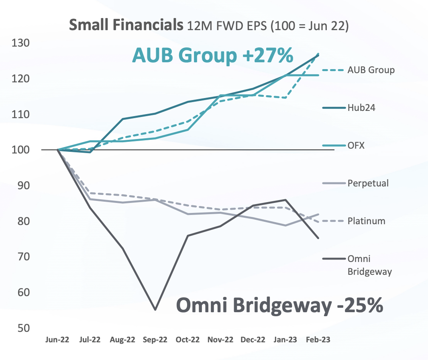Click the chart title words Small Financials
pos(124,25)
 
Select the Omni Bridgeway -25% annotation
pos(280,305)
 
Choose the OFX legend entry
pos(356,145)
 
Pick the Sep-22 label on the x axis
pos(155,340)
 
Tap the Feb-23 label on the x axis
pos(318,340)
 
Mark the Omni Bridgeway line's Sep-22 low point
pos(155,309)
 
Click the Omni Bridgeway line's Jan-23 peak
pos(285,200)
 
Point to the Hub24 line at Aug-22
pos(123,119)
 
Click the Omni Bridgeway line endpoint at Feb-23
pos(318,238)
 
